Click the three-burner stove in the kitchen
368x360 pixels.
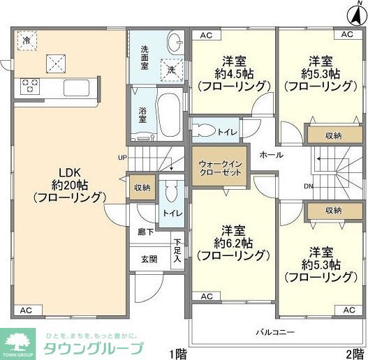(x=31, y=87)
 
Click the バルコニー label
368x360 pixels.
(x=274, y=331)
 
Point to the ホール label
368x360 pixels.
(x=271, y=155)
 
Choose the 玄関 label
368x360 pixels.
(x=149, y=259)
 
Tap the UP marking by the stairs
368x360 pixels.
(x=122, y=157)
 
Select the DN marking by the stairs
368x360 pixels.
(x=309, y=186)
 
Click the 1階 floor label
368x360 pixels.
(x=177, y=353)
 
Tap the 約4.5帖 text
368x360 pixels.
(x=233, y=73)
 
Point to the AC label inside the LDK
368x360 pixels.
(x=26, y=310)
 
